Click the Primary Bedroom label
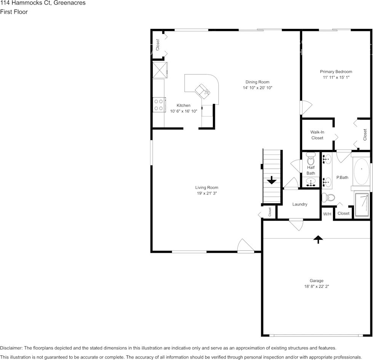coord(336,72)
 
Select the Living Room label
coord(207,187)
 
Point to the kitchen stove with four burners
coord(158,105)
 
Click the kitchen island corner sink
coord(202,90)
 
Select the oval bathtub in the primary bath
coord(361,171)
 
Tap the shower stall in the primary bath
coord(362,205)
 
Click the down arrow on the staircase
coord(272,180)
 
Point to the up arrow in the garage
coord(318,239)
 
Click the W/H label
coord(327,214)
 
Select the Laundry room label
coord(299,204)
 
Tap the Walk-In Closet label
coord(317,135)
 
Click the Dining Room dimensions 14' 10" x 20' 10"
coord(258,88)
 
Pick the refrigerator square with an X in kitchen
coord(159,70)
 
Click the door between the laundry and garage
coord(296,223)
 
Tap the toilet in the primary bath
coord(328,197)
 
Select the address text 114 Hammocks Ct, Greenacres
coord(43,3)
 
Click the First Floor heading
coord(14,12)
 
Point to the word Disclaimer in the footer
coord(11,348)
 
